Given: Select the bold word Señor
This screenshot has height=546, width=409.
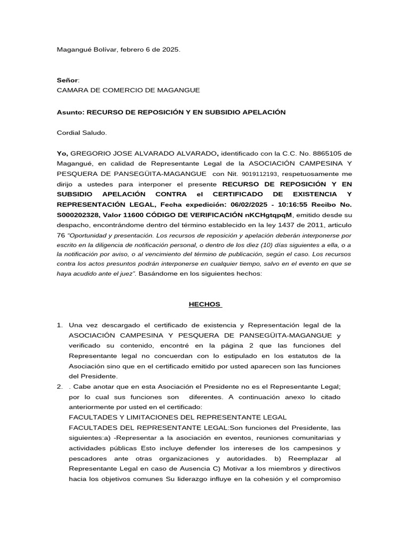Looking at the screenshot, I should [67, 79].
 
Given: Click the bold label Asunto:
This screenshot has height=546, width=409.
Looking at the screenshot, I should [70, 112].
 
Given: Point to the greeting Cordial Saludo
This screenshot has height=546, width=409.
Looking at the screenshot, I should [81, 132].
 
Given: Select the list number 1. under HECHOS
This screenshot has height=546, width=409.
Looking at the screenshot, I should [60, 325].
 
